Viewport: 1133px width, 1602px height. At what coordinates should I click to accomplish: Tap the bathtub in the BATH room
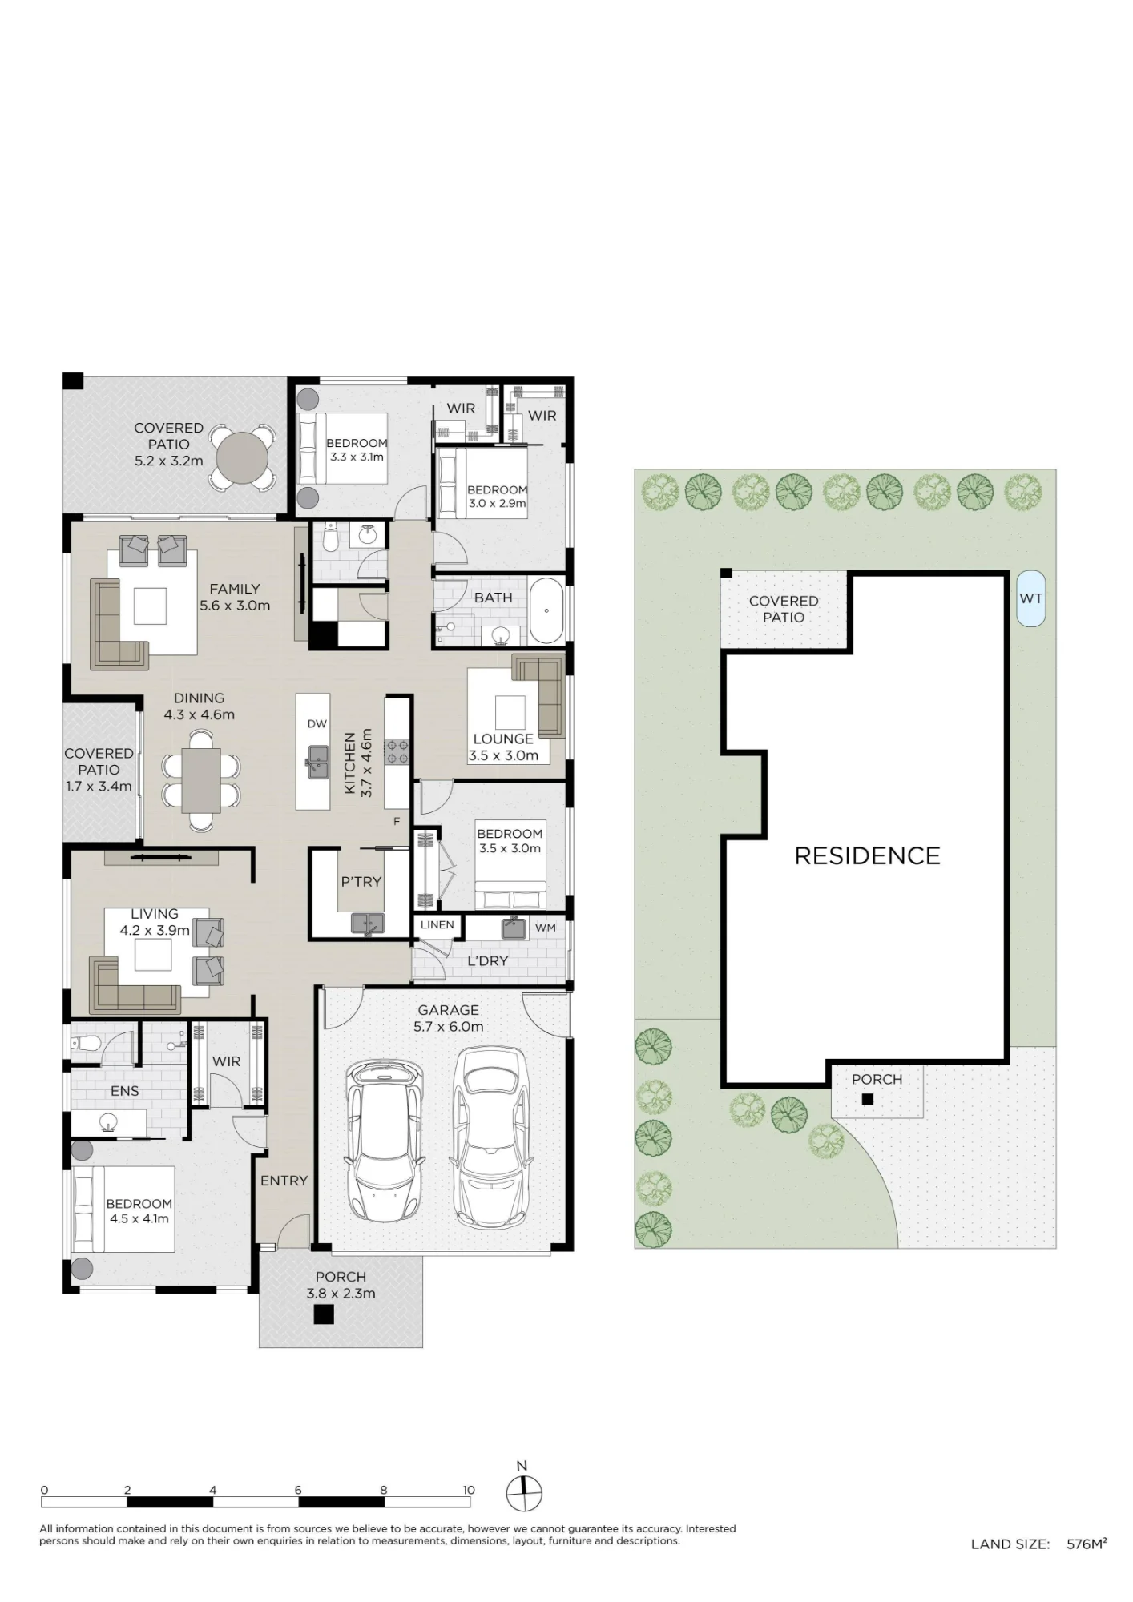(547, 610)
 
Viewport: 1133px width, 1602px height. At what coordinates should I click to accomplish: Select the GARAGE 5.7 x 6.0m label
(448, 1018)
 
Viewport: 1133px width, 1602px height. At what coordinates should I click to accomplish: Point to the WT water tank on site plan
(1030, 598)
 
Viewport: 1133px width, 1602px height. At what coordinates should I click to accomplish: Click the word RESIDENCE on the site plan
(867, 855)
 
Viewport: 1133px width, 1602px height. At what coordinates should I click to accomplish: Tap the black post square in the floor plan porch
(323, 1314)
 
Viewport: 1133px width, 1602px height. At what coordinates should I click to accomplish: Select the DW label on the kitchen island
(317, 723)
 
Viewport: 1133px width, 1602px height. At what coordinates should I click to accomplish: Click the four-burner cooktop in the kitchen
(397, 752)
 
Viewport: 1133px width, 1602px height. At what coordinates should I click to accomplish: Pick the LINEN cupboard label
(437, 924)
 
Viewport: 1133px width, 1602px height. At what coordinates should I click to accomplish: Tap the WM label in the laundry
(546, 928)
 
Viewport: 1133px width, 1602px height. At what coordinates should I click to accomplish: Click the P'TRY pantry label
(361, 881)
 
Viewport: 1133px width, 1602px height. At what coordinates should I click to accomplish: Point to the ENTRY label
(284, 1180)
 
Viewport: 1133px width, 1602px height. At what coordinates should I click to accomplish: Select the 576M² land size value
(1087, 1544)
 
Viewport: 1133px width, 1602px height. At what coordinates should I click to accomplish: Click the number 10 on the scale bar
(469, 1490)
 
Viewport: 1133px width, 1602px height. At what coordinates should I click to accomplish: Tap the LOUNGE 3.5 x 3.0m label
(503, 747)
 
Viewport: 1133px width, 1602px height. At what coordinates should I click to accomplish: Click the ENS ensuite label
(125, 1090)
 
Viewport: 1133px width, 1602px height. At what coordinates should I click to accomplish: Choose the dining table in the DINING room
(201, 779)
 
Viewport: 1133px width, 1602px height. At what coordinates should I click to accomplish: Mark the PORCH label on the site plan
(877, 1079)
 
